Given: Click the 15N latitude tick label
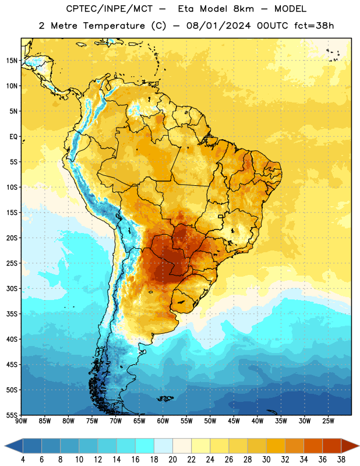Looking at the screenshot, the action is [12, 61].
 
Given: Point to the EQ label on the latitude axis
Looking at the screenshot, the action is [13, 137].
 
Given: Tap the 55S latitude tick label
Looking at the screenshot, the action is [12, 415].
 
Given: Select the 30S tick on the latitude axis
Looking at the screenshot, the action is [12, 288].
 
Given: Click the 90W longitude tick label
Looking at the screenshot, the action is [21, 421].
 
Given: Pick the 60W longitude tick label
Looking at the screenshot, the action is [163, 421].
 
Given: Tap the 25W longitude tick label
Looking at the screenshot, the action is [328, 421].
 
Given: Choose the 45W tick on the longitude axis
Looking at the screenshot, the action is [234, 421].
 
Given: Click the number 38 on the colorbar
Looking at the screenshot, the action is [341, 460].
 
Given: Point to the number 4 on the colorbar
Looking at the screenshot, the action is [23, 460].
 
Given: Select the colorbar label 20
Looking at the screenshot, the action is [172, 460].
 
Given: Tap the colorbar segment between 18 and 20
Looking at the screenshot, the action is [163, 446].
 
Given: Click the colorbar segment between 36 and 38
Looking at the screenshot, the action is [332, 446].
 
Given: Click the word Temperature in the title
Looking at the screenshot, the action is [114, 26].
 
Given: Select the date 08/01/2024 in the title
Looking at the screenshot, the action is [218, 26].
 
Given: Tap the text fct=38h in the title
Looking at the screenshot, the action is [314, 26].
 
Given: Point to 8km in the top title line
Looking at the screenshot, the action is [243, 9].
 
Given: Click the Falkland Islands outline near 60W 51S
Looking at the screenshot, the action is [165, 398].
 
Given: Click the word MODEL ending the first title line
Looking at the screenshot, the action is [290, 9].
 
